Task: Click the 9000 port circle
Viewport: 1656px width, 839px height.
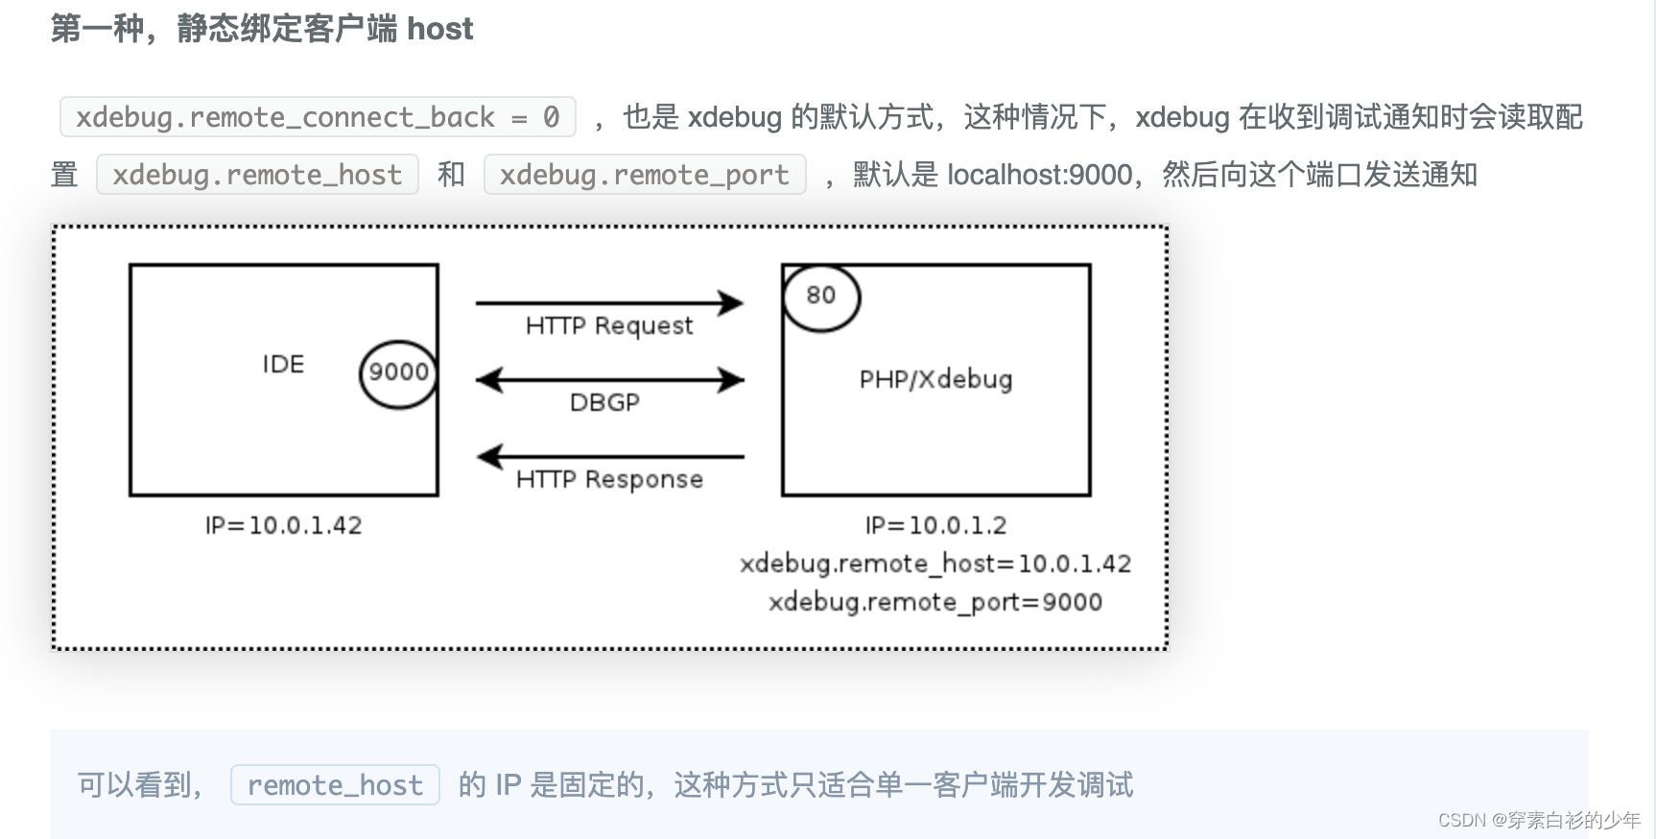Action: (398, 373)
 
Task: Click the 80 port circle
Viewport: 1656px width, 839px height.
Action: (821, 297)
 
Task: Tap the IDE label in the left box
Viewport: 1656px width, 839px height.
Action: (283, 365)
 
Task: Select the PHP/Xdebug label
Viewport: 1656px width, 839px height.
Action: (935, 380)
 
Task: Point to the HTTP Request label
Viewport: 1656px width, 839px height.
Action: (609, 326)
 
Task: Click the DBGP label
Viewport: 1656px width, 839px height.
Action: (604, 403)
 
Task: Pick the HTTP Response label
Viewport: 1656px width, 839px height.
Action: (609, 480)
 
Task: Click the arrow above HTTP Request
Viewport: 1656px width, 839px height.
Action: (609, 303)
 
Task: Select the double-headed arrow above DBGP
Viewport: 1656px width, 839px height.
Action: (609, 380)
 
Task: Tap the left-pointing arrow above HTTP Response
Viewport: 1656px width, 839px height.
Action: (609, 457)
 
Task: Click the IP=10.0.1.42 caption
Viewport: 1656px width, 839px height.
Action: (283, 526)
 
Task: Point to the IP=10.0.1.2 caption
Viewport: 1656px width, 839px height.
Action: (935, 526)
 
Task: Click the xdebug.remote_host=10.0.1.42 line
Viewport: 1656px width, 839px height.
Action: (935, 564)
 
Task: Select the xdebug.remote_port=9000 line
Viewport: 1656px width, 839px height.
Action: (935, 603)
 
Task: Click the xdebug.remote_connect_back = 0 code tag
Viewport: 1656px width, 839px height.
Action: (318, 117)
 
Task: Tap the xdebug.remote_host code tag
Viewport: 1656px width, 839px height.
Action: (257, 175)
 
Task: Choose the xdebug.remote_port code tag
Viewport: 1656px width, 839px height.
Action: (645, 175)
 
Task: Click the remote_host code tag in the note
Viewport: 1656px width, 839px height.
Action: (335, 785)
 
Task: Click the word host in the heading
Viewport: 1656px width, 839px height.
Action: (440, 29)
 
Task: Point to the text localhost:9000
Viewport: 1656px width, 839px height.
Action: (1040, 175)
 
